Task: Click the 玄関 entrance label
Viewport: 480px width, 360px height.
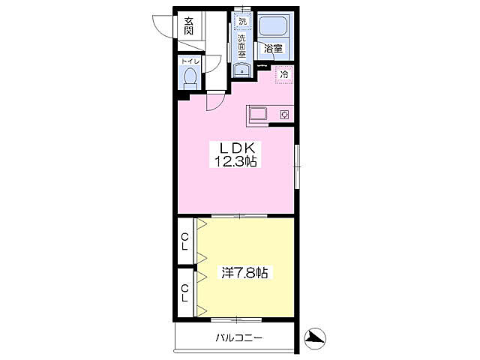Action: point(188,26)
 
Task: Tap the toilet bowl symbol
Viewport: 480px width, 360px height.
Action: point(190,78)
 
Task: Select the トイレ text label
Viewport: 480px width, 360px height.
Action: point(190,61)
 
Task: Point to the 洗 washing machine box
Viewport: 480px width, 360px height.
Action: point(243,21)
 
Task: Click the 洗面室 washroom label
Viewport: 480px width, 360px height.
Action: point(242,46)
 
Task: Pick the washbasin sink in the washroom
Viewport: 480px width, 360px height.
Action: point(241,70)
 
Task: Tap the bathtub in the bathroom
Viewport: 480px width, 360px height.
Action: point(273,25)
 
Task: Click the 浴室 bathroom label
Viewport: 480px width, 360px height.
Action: point(273,48)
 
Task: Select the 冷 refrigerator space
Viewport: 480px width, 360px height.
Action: point(284,74)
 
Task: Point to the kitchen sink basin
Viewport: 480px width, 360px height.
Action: point(259,114)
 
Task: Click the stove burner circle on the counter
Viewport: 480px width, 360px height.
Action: point(284,115)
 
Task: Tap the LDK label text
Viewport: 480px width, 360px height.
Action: point(237,148)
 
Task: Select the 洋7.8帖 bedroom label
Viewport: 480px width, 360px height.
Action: point(245,272)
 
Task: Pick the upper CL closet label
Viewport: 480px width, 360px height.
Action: point(185,241)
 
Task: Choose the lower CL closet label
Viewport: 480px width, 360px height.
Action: point(184,293)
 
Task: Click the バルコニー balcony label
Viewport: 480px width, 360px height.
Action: point(239,338)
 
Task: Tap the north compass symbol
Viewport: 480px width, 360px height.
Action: point(315,338)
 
